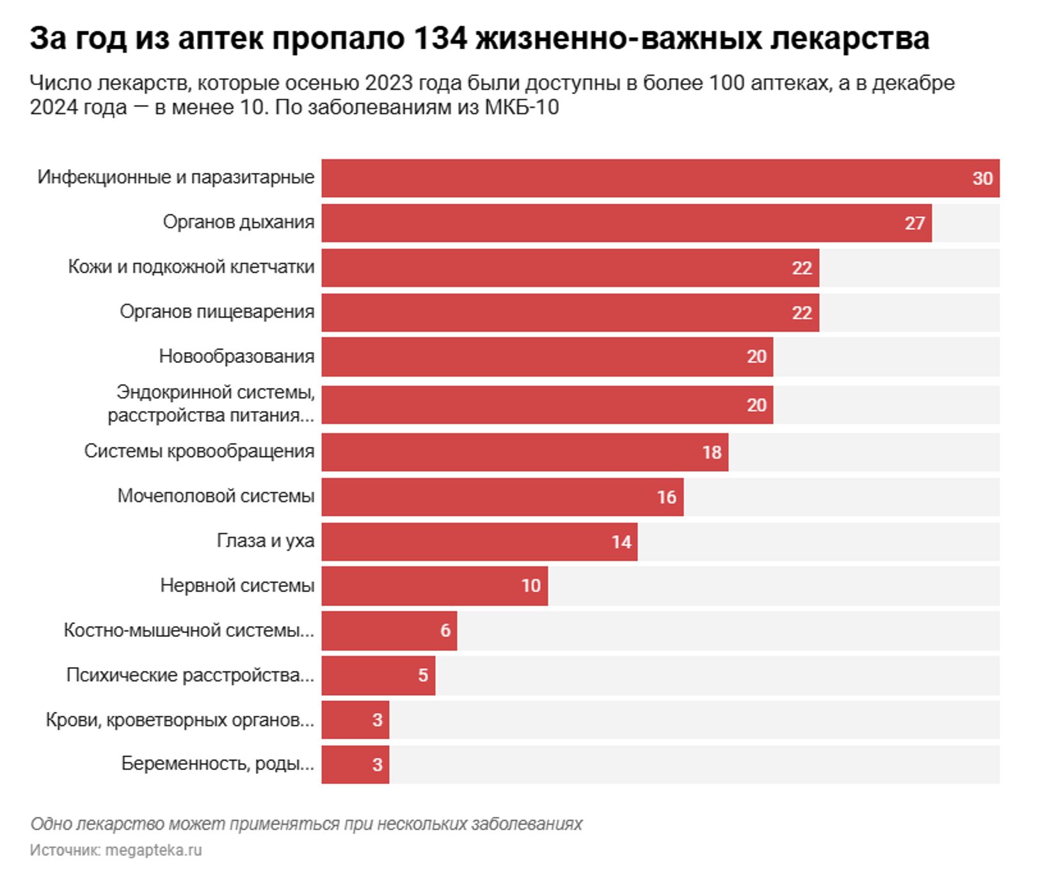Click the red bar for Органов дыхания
click(608, 223)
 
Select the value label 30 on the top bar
click(982, 178)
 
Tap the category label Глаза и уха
click(265, 541)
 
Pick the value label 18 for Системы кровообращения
click(711, 453)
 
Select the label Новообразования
click(236, 356)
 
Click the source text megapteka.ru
click(153, 850)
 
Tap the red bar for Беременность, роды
click(346, 764)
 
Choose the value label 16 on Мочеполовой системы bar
click(666, 497)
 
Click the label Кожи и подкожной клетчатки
click(191, 266)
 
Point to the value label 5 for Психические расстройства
click(422, 675)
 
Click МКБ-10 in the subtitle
click(522, 107)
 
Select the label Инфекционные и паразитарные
click(175, 177)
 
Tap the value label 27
click(914, 223)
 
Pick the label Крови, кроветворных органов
click(179, 720)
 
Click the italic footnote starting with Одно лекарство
click(306, 823)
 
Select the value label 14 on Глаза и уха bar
click(621, 542)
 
